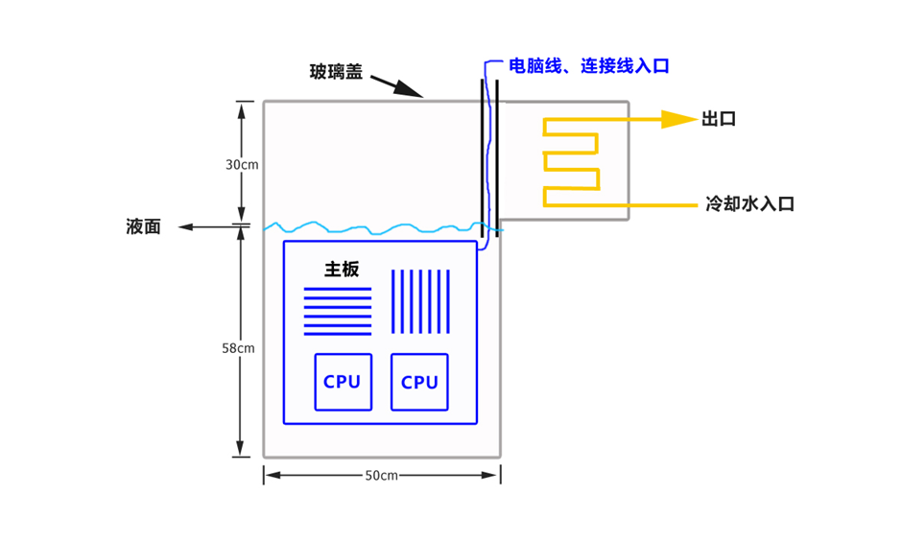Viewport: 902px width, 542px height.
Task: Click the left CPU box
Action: tap(343, 382)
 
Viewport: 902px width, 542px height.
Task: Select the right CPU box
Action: tap(419, 382)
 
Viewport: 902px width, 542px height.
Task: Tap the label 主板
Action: tap(342, 270)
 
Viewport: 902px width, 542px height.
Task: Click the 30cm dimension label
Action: tap(242, 164)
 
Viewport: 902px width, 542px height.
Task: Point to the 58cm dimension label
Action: tap(238, 347)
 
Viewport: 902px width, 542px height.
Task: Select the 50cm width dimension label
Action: tap(382, 476)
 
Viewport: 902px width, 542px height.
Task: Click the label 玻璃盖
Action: tap(336, 72)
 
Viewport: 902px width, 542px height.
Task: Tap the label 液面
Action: tap(143, 227)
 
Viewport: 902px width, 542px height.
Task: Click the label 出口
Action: tap(719, 119)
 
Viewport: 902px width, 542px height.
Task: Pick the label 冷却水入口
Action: tap(749, 203)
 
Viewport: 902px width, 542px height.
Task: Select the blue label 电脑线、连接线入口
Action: tap(588, 66)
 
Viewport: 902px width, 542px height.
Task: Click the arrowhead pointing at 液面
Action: tap(185, 227)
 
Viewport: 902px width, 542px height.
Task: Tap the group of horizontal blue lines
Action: tap(337, 312)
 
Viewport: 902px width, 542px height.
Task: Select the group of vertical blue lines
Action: tap(420, 302)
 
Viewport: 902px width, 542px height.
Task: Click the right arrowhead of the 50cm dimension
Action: tap(495, 475)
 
